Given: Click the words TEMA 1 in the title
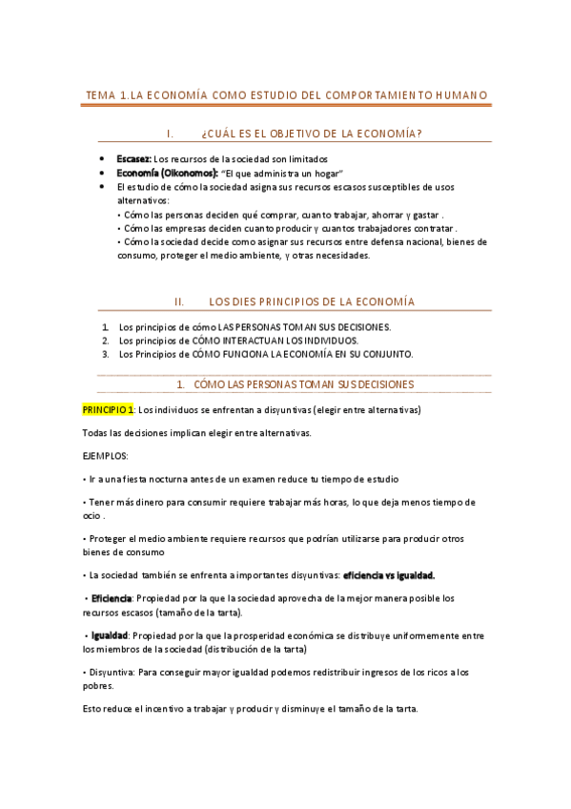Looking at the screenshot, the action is [105, 95].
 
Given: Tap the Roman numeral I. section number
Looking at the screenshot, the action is [169, 133].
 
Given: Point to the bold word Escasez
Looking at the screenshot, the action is [133, 158].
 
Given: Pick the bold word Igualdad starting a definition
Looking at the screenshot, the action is [110, 635].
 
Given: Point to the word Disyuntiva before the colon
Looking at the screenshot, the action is [111, 673].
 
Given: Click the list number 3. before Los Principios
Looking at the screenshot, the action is [106, 354].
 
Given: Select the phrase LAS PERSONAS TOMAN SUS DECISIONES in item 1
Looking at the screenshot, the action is [304, 326].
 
